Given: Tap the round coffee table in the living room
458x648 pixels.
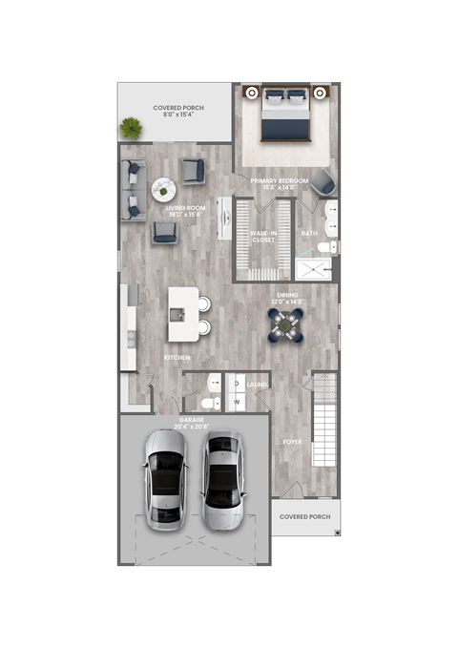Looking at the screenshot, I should (x=162, y=188).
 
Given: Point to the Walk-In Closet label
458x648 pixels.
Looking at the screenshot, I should (x=263, y=236).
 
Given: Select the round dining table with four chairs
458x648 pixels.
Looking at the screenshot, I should (x=285, y=324).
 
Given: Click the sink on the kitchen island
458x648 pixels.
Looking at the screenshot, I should (x=178, y=314).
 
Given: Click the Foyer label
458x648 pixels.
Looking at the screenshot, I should (x=291, y=442).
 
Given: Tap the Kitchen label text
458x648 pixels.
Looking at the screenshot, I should (x=177, y=357).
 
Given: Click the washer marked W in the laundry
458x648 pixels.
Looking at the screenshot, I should (x=236, y=401).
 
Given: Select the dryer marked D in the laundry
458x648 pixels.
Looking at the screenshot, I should (x=236, y=384).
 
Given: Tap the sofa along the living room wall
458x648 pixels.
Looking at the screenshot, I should (x=132, y=187).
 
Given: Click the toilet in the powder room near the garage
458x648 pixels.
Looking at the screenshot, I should (x=213, y=386).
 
